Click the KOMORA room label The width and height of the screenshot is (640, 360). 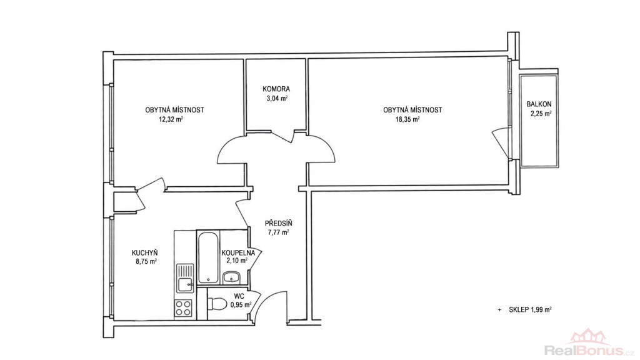click(x=276, y=89)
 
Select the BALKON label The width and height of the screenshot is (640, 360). click(x=539, y=104)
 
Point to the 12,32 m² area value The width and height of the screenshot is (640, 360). click(x=171, y=119)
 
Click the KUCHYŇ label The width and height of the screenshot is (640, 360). click(x=144, y=252)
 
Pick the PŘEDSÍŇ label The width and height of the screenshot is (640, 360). click(x=278, y=223)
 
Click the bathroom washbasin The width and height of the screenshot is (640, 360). click(x=232, y=277)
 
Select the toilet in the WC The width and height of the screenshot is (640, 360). click(x=217, y=304)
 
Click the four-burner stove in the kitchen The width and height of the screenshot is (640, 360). click(x=183, y=307)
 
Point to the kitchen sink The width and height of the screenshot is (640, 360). click(x=185, y=277)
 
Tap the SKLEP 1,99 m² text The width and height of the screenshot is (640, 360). click(x=530, y=310)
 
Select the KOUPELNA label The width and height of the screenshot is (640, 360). click(x=238, y=253)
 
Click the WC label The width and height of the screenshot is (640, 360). click(x=239, y=296)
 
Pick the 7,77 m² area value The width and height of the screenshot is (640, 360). click(x=278, y=232)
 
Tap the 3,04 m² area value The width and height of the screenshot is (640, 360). click(x=277, y=98)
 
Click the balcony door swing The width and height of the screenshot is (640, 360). click(x=501, y=143)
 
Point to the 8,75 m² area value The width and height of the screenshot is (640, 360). click(x=146, y=262)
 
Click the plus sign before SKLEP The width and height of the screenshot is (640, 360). click(x=499, y=310)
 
